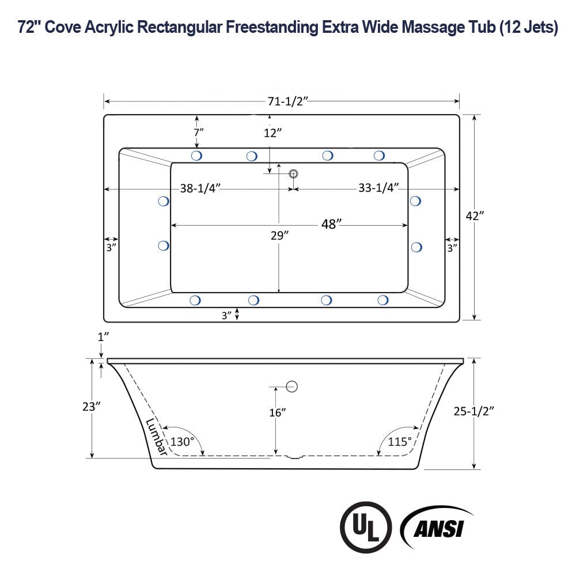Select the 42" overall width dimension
point(475,215)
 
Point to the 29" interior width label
point(279,235)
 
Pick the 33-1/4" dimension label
point(378,188)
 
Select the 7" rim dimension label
point(198,132)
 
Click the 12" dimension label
point(272,133)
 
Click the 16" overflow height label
point(276,412)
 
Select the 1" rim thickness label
point(103,338)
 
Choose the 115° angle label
point(400,442)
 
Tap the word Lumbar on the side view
point(156,437)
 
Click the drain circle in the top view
point(293,173)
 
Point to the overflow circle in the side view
point(291,387)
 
